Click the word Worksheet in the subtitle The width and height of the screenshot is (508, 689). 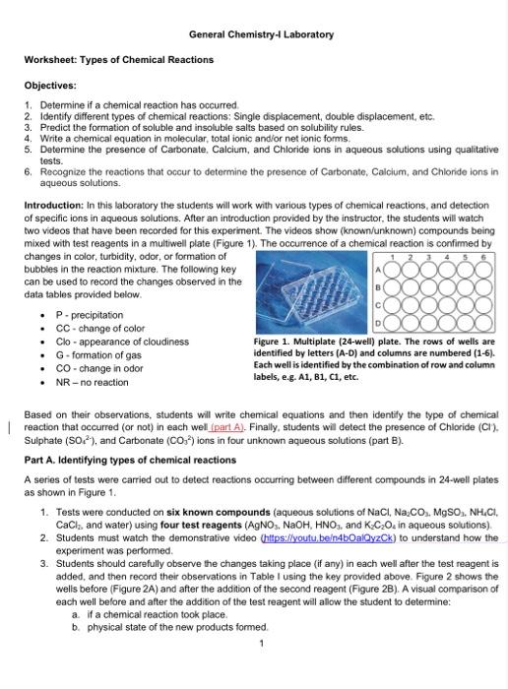[49, 60]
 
